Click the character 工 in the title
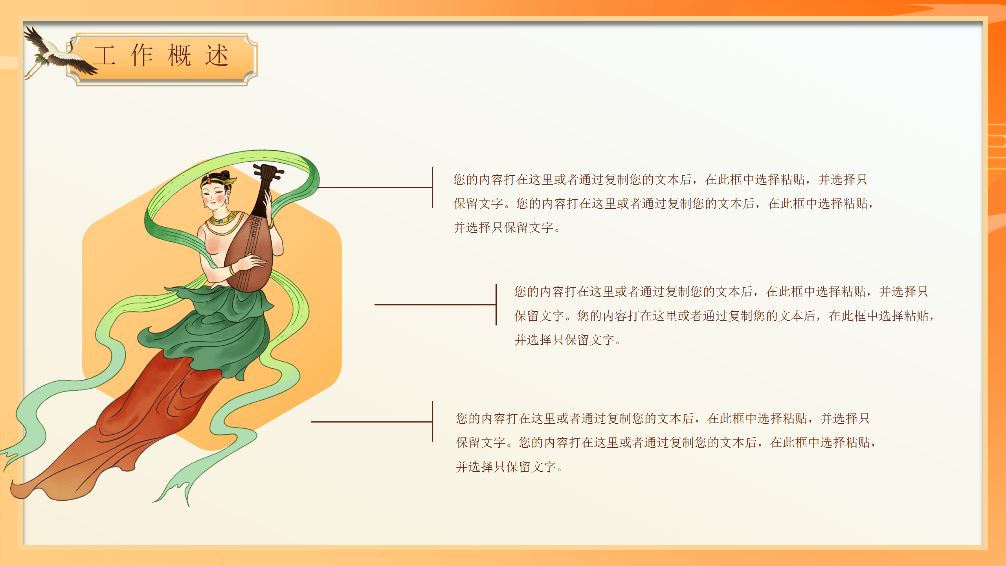(105, 55)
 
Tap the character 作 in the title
(141, 55)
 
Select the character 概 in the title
(179, 55)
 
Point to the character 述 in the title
(217, 55)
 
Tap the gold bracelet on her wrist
(233, 270)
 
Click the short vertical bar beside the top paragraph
(432, 187)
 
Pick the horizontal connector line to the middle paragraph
(435, 305)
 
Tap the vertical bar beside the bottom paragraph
(432, 422)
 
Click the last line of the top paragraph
(507, 228)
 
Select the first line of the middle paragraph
(721, 292)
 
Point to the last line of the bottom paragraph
(509, 467)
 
